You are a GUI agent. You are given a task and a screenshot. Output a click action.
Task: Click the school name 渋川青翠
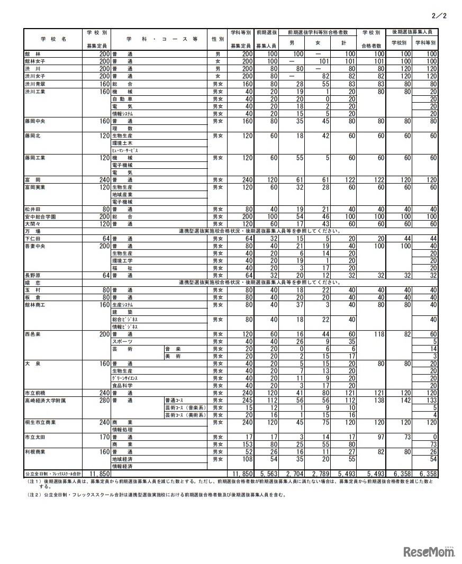click(35, 84)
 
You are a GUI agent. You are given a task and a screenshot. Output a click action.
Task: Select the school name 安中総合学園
click(40, 216)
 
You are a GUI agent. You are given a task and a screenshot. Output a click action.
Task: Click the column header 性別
click(216, 39)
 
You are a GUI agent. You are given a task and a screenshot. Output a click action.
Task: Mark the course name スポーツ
click(122, 341)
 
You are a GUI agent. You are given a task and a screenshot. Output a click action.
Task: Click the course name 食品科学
click(122, 386)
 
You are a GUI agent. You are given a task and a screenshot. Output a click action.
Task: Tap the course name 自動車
click(122, 98)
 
